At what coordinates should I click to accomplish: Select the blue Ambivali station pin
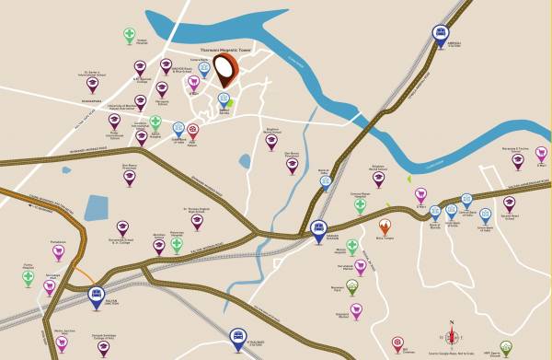441,34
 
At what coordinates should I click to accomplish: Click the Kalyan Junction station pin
97,296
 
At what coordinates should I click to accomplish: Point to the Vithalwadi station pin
238,335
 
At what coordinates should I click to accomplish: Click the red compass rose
452,335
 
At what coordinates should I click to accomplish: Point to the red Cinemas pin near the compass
397,343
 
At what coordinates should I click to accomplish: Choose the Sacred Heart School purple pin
509,204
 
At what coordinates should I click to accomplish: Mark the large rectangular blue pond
97,207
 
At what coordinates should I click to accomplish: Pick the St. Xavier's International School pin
93,84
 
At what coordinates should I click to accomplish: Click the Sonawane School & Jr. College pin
122,227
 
